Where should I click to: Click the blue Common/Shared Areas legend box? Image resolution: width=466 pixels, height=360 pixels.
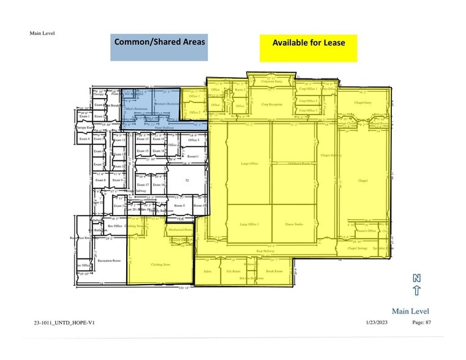click(x=159, y=47)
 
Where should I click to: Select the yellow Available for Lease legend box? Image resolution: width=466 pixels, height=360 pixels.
click(x=308, y=48)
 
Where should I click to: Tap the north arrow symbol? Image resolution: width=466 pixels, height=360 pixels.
click(x=416, y=285)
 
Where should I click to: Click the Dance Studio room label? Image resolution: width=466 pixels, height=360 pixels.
click(x=295, y=225)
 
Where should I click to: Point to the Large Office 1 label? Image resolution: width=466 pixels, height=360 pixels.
click(x=249, y=225)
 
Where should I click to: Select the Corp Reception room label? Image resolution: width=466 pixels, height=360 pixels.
click(x=272, y=105)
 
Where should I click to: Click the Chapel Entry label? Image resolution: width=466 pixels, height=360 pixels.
click(x=363, y=103)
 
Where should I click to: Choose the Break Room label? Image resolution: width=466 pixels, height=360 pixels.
click(x=274, y=271)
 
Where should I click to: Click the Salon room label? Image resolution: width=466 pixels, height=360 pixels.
click(x=208, y=271)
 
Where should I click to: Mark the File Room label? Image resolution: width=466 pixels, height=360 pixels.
click(x=233, y=271)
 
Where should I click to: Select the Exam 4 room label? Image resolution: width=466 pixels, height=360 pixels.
click(x=85, y=139)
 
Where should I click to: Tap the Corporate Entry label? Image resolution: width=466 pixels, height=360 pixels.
click(x=271, y=81)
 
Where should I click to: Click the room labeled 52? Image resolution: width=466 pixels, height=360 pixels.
click(x=187, y=181)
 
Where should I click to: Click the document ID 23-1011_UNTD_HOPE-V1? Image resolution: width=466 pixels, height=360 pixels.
click(x=64, y=323)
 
